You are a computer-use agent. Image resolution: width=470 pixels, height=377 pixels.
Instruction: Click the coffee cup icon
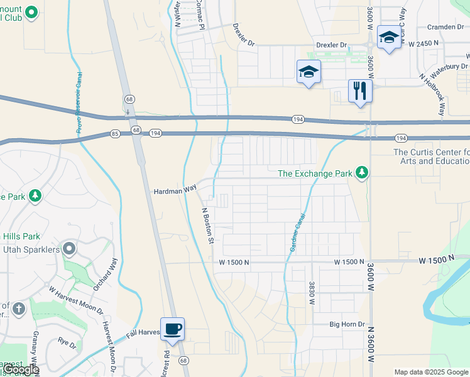point(172,329)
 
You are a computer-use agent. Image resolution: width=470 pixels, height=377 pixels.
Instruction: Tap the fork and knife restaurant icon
point(360,90)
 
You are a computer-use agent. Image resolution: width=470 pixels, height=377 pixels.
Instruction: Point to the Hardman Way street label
point(172,190)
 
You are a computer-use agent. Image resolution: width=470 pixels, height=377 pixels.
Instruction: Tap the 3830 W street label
point(311,293)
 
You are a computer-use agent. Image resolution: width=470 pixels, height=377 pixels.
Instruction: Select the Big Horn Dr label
point(347,325)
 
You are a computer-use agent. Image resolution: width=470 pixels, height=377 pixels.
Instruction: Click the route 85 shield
point(115,133)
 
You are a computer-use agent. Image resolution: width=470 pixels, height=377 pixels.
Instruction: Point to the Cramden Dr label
point(444,27)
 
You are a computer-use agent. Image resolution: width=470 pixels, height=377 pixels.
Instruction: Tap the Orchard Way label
point(107,272)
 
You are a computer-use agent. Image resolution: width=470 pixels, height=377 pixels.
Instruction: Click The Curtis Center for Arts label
point(431,156)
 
